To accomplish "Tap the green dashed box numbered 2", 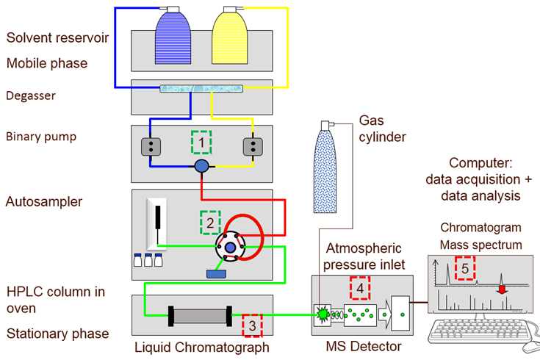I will (x=210, y=222).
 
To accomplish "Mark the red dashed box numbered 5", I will (x=464, y=268).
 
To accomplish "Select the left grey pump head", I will (x=151, y=146).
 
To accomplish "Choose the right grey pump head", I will (x=253, y=146).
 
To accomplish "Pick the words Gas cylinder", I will (x=382, y=129).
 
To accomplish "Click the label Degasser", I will (x=30, y=96).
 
